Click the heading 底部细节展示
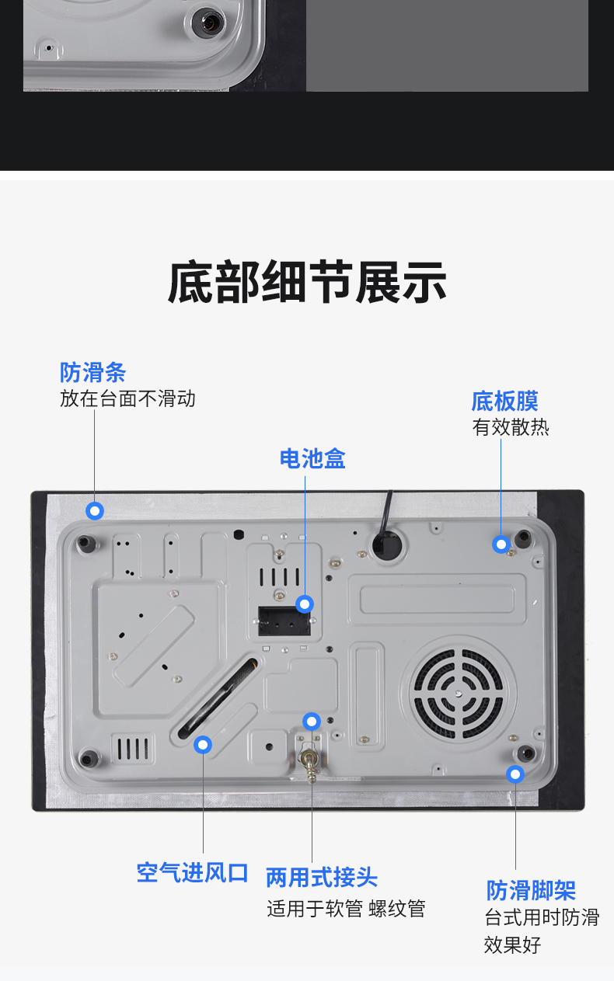[307, 282]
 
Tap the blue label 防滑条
[93, 373]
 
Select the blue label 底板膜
[505, 401]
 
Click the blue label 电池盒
[312, 459]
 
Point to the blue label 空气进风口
[193, 873]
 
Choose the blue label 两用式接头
[322, 877]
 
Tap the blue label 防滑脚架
[531, 890]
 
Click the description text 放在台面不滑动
[127, 398]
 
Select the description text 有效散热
[511, 427]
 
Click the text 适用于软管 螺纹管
[346, 909]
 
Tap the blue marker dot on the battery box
[305, 604]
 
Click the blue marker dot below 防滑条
[95, 510]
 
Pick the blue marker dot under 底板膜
[501, 544]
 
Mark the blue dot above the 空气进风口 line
[203, 745]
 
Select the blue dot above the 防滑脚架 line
[515, 774]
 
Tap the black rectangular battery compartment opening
[284, 621]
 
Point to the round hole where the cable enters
[387, 544]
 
